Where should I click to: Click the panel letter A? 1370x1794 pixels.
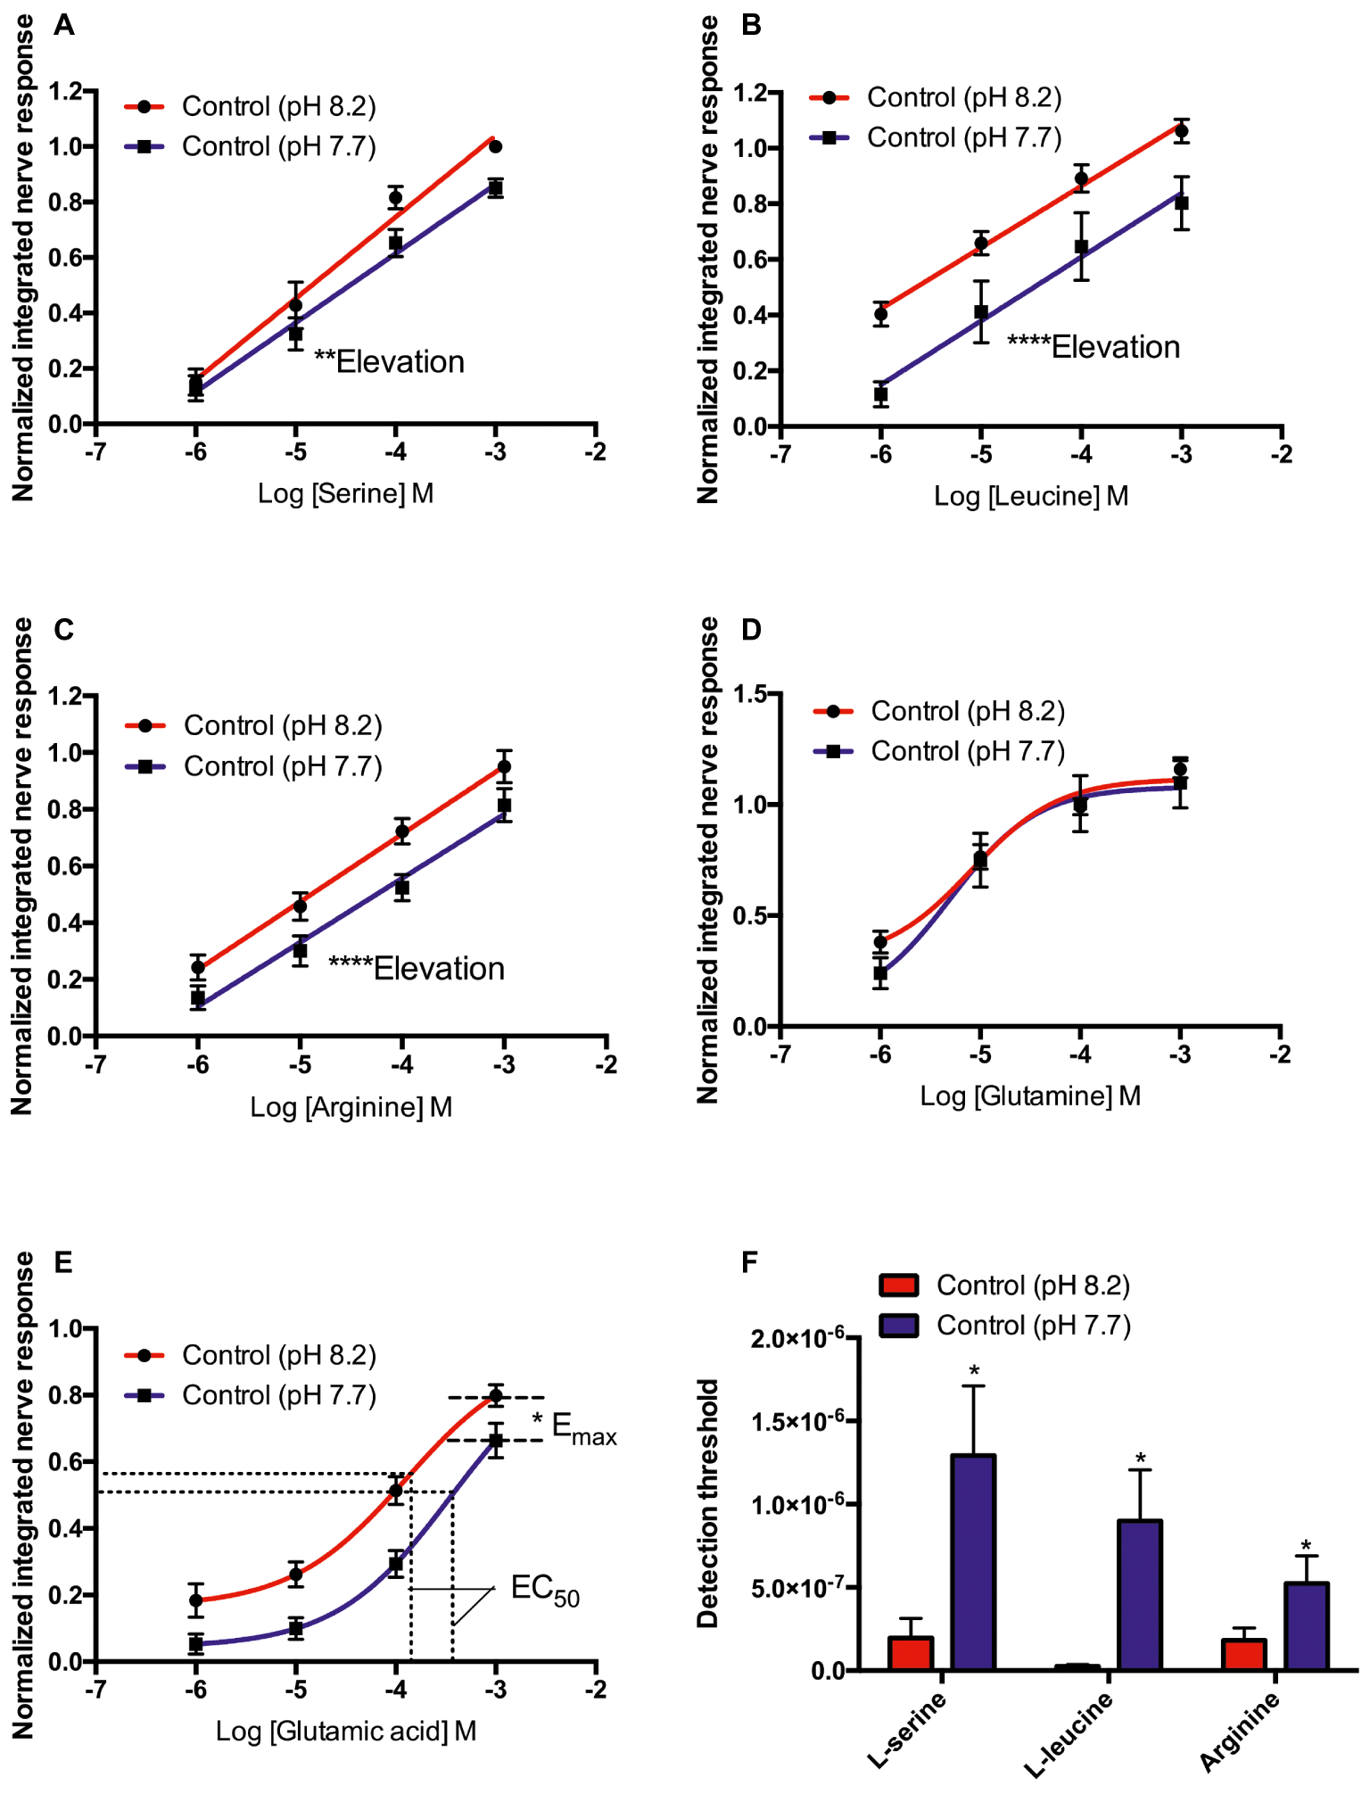coord(63,25)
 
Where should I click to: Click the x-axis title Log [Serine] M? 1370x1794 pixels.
coord(345,492)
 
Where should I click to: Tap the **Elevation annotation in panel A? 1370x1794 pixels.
coord(389,361)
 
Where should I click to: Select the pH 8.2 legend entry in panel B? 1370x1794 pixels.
coord(937,97)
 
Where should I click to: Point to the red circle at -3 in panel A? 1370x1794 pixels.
coord(496,146)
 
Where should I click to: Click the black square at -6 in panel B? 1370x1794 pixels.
coord(881,394)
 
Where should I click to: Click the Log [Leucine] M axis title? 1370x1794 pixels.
coord(1031,495)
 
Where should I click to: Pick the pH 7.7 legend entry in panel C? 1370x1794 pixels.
coord(255,766)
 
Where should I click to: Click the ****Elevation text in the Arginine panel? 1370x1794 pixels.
coord(417,968)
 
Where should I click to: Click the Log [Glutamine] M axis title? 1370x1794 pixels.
coord(1030,1095)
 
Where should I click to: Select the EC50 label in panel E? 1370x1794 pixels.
coord(545,1590)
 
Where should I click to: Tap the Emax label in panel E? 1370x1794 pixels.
coord(583,1427)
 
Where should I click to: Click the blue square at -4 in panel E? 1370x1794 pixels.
coord(396,1564)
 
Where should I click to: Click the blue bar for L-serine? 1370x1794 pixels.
coord(973,1562)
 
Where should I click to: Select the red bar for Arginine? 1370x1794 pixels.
coord(1243,1654)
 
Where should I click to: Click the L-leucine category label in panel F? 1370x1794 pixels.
coord(1069,1733)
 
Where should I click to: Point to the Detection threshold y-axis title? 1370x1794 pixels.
coord(708,1503)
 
